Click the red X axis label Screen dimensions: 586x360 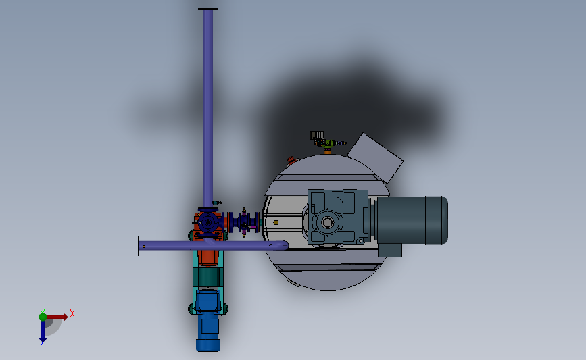(72, 313)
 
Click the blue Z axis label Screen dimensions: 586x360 (42, 344)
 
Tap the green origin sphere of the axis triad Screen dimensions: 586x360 (43, 317)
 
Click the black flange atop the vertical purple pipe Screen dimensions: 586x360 (208, 9)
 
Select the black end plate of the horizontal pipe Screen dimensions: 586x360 (139, 246)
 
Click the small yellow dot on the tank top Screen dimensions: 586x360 (276, 223)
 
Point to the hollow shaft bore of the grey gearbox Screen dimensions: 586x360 (327, 223)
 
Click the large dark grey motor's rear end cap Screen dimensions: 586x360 (437, 220)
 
